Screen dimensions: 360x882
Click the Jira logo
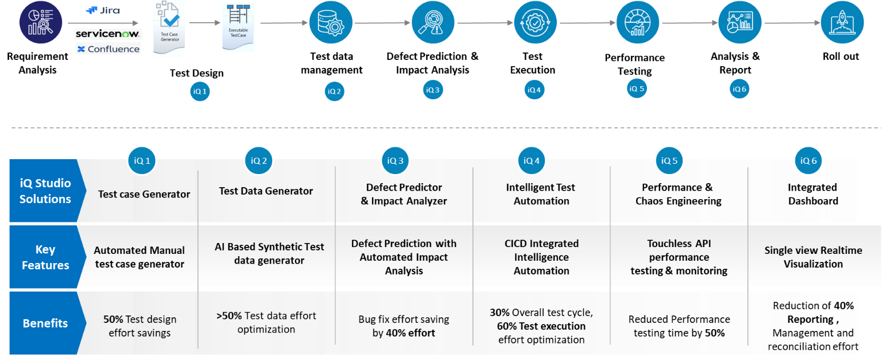(103, 10)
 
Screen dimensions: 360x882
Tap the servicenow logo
(108, 34)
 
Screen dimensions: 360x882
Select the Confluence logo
(108, 49)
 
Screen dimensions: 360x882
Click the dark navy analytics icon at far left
(41, 22)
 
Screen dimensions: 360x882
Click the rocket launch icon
(842, 23)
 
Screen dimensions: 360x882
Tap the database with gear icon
(331, 23)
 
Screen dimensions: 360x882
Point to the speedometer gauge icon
(638, 23)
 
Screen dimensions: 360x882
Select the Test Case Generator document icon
(169, 27)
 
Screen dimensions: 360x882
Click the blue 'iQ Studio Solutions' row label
(44, 191)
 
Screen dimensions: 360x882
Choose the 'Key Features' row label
(44, 257)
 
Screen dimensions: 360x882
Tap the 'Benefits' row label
(44, 323)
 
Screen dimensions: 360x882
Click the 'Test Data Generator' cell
(266, 191)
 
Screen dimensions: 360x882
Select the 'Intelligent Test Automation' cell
(541, 194)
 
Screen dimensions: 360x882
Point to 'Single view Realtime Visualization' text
(813, 257)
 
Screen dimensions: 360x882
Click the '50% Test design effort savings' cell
(140, 326)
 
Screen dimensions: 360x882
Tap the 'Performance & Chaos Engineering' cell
(678, 194)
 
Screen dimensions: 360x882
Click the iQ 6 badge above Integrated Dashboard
(808, 160)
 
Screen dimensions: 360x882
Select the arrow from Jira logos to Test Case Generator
(103, 23)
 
